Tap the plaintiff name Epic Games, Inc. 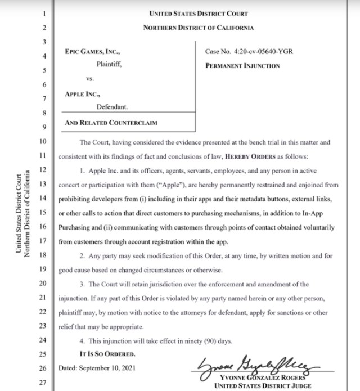(x=93, y=52)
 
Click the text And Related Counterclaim (x=110, y=122)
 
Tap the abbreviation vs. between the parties (x=89, y=79)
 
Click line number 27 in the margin (x=44, y=383)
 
